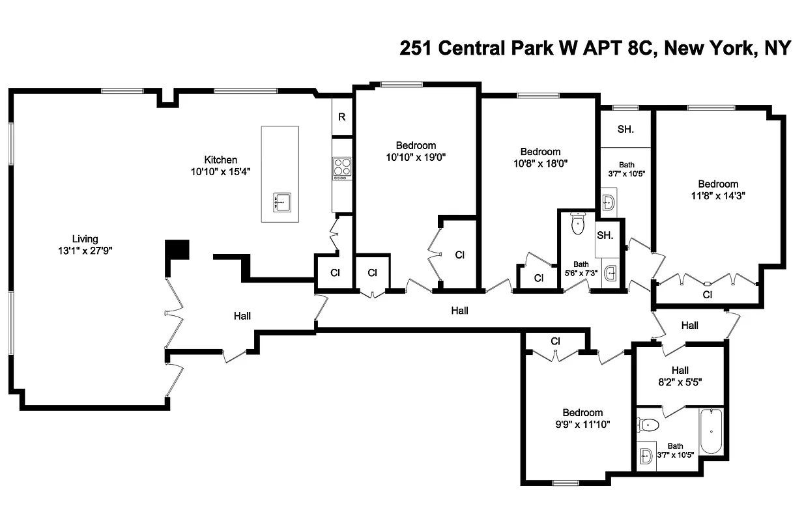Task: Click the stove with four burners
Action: click(x=342, y=168)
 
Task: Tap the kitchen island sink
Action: click(x=282, y=202)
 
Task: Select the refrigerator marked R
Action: click(x=341, y=117)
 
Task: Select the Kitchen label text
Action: click(x=221, y=160)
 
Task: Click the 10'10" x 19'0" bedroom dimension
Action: click(x=416, y=156)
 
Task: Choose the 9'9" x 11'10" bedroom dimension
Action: click(x=582, y=424)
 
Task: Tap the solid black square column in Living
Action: click(x=177, y=249)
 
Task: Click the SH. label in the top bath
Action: click(x=625, y=130)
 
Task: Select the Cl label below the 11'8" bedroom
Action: click(x=707, y=295)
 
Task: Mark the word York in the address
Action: click(x=724, y=48)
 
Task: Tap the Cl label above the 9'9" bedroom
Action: click(x=556, y=341)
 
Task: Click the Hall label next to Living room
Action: click(x=242, y=316)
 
